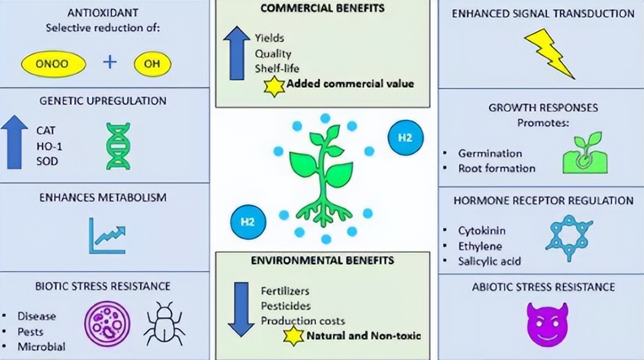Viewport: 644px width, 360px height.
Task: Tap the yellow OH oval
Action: tap(152, 63)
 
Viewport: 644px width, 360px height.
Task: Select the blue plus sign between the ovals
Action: tap(109, 62)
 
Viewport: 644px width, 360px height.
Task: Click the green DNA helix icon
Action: tap(118, 146)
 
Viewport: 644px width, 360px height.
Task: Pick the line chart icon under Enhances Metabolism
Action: tap(108, 236)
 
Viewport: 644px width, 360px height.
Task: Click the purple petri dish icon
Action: tap(103, 323)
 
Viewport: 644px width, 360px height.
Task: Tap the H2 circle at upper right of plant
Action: tap(406, 138)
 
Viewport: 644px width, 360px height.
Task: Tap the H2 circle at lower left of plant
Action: tap(247, 221)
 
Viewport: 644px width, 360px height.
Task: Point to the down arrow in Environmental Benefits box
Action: tap(241, 308)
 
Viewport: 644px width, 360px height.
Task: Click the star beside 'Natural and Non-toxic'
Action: tap(294, 336)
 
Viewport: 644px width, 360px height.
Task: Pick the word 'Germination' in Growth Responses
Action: tap(490, 154)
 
